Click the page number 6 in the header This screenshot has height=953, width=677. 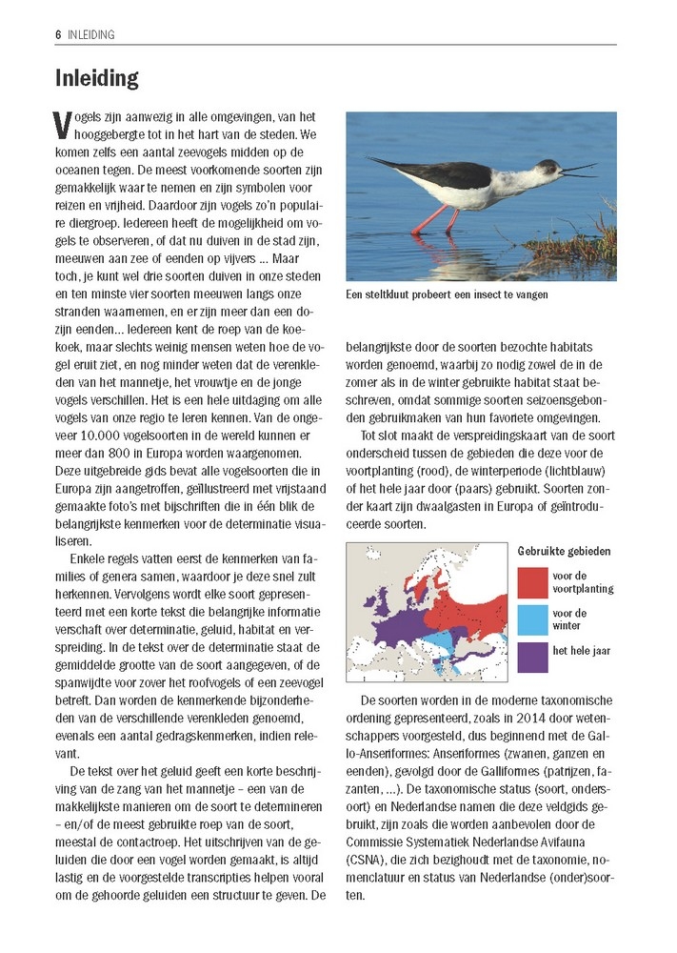[x=58, y=34]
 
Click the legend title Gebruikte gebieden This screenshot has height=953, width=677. [x=565, y=551]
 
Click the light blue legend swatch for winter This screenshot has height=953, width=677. [x=532, y=618]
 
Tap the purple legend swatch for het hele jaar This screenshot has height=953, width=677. [x=532, y=656]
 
